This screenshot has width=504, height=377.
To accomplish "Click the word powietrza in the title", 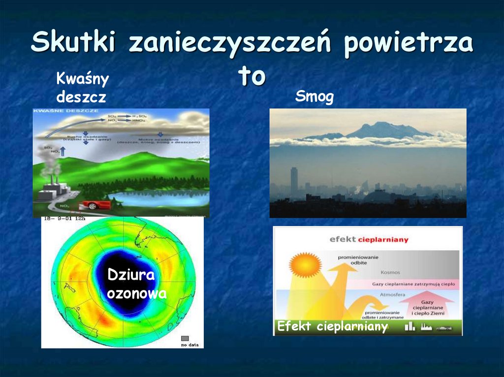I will point(409,45).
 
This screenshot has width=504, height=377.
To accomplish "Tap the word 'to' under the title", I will point(252,76).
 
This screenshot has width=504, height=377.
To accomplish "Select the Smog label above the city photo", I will point(314,97).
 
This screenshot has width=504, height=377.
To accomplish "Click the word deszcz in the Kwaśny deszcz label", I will point(81,97).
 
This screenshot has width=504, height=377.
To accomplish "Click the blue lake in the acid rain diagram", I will point(162,198).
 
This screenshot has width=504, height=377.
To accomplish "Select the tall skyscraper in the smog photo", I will point(294,180).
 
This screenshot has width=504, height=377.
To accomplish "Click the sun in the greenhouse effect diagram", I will point(299,265).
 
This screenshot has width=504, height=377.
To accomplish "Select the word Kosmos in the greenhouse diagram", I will point(390,272).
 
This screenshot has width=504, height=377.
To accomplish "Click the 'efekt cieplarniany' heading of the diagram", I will point(369,240).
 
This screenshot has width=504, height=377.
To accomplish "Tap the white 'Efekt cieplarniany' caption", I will point(332,327).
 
